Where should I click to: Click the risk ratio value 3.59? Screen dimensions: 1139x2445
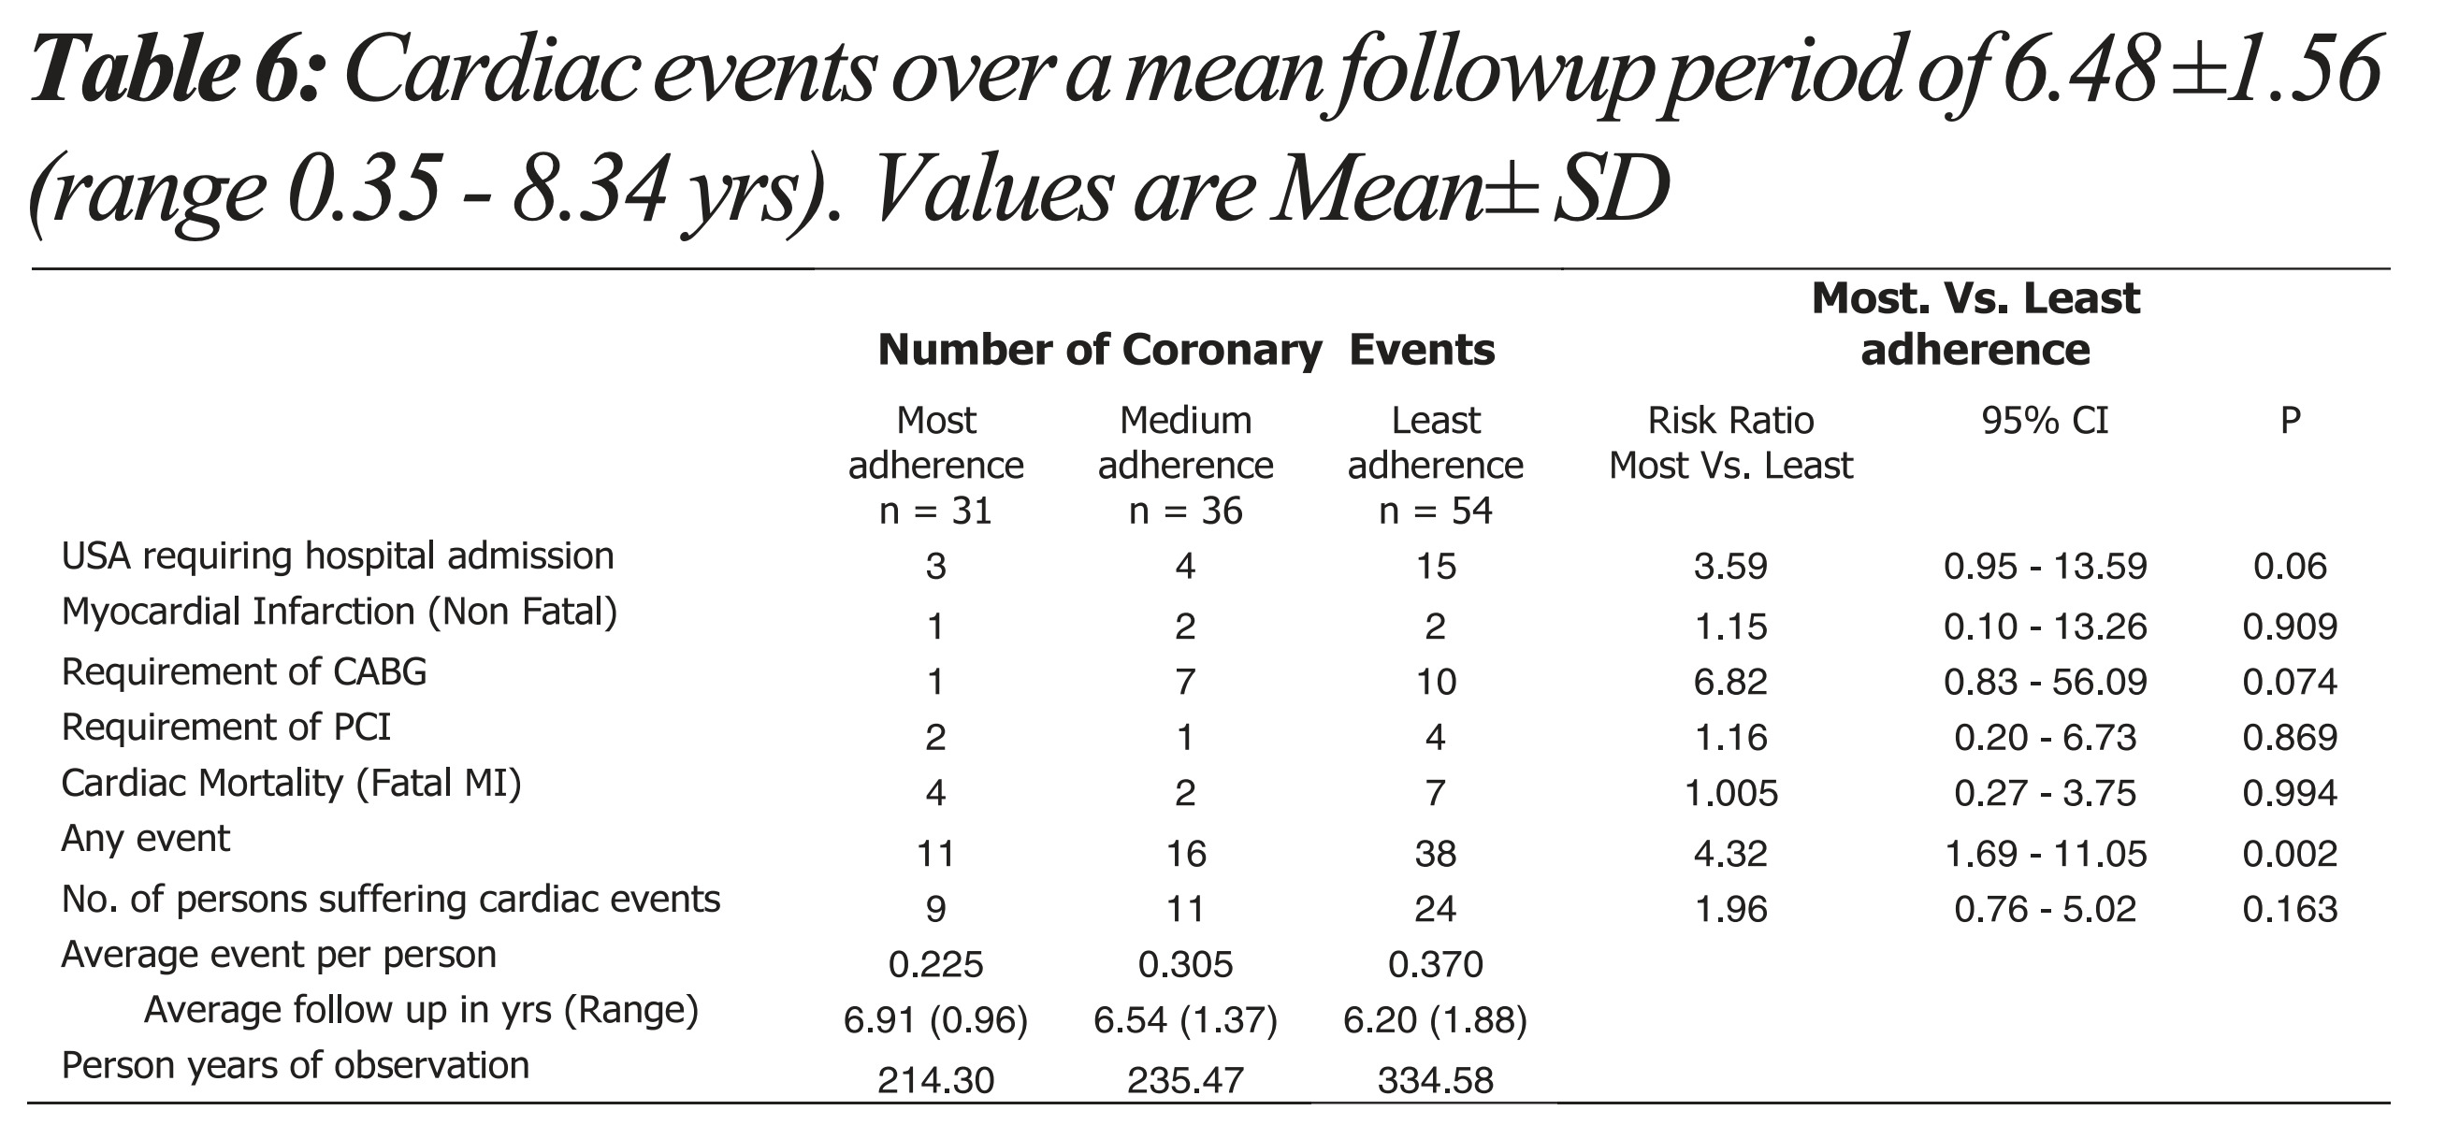point(1730,567)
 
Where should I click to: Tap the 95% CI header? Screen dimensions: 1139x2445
point(2045,421)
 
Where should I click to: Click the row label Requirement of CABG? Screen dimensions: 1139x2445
point(244,672)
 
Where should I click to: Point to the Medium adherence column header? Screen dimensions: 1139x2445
point(1185,465)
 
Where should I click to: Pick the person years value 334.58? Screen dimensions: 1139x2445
point(1435,1080)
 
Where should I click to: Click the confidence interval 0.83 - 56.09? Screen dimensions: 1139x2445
point(2045,683)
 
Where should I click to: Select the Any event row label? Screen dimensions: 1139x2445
point(145,839)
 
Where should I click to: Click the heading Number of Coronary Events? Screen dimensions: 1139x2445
point(1185,351)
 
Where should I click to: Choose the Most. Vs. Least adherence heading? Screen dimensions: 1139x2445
point(1975,324)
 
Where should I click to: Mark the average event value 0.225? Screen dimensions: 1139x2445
point(936,965)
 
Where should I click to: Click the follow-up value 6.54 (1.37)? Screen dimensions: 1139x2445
point(1185,1020)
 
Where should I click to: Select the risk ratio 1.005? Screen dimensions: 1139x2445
point(1730,794)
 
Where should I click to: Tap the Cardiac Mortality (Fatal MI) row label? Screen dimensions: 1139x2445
point(292,784)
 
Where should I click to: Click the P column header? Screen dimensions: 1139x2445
point(2290,421)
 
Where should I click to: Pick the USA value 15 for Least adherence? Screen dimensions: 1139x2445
point(1435,567)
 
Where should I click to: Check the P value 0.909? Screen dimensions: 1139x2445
point(2290,627)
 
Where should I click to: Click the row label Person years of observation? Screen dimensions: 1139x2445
point(296,1066)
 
